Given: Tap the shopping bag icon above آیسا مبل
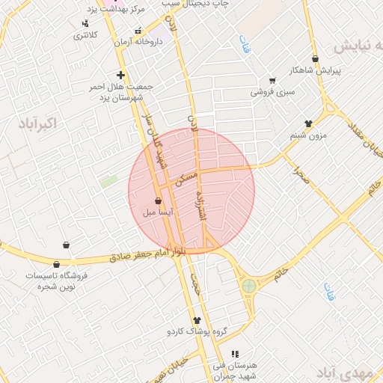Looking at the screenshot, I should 157,200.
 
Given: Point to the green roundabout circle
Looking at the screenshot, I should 248,286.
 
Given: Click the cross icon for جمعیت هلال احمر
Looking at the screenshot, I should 120,75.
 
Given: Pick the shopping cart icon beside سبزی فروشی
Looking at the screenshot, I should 272,81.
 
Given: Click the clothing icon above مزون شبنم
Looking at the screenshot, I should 308,123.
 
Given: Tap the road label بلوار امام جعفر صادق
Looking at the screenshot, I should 147,256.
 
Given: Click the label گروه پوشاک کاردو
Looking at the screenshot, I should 197,330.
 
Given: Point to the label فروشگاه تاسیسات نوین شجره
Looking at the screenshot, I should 57,280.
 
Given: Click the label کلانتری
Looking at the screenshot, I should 84,36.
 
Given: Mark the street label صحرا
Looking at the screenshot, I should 302,177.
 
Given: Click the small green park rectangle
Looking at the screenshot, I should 109,181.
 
